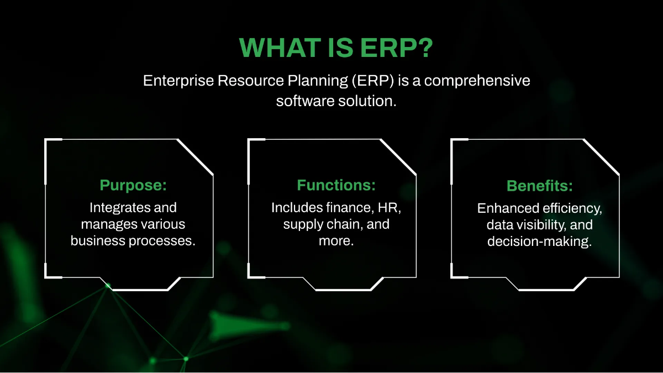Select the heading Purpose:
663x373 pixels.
coord(133,185)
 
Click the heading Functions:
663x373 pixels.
coord(336,185)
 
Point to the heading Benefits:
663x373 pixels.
coord(539,186)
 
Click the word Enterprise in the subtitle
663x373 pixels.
coord(178,81)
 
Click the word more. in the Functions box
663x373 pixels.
coord(336,241)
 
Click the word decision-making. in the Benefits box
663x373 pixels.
coord(539,241)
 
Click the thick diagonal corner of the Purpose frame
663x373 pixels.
coord(194,156)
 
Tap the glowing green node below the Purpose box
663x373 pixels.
coord(108,286)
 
